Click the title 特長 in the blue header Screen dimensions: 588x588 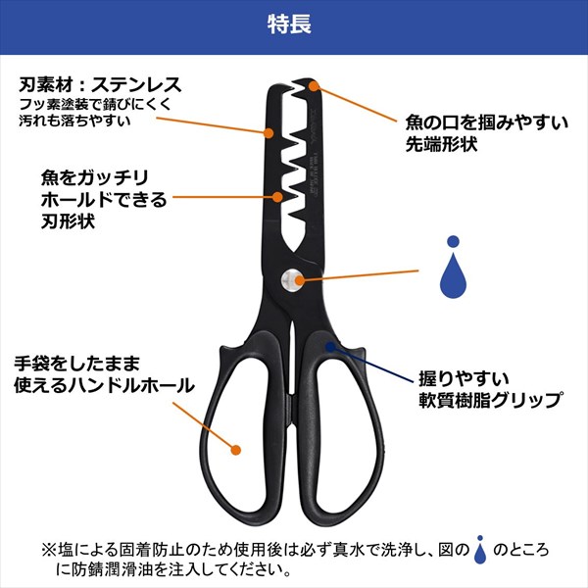pyautogui.click(x=294, y=25)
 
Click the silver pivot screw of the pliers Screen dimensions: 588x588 pyautogui.click(x=293, y=279)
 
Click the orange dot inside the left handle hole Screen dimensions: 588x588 pyautogui.click(x=235, y=451)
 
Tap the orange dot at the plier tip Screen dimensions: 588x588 pyautogui.click(x=314, y=85)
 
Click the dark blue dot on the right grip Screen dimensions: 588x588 pyautogui.click(x=332, y=345)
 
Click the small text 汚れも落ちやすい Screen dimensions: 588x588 pyautogui.click(x=73, y=120)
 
